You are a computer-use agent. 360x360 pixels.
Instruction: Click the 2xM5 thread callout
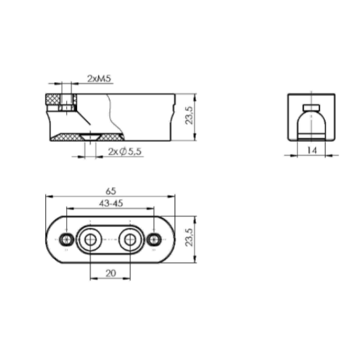(99, 78)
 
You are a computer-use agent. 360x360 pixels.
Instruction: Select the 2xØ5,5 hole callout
(125, 151)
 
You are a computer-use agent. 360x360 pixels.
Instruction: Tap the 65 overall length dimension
(111, 191)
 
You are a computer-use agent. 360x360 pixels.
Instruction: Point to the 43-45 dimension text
(111, 203)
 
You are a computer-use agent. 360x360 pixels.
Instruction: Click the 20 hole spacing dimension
(111, 273)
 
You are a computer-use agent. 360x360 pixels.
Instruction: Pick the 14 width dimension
(312, 150)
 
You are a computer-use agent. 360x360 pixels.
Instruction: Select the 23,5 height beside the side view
(190, 116)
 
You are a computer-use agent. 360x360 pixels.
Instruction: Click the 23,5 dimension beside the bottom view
(190, 237)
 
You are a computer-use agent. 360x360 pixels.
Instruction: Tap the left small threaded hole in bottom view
(66, 239)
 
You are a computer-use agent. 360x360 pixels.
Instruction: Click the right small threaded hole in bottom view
(154, 239)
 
